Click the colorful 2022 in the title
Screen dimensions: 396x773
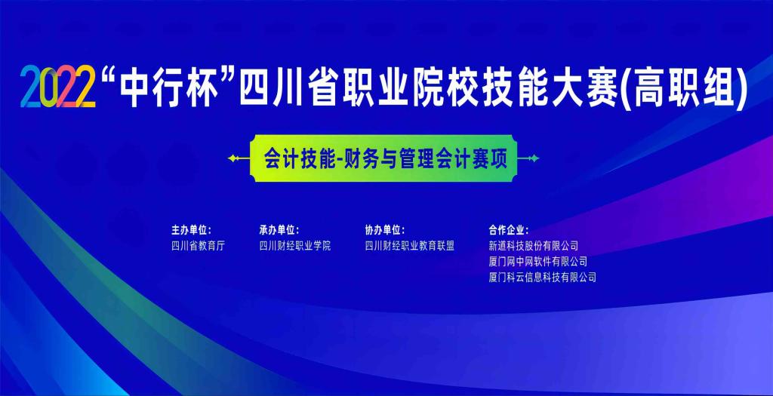(x=58, y=89)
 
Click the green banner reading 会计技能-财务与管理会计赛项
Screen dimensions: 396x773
(x=385, y=159)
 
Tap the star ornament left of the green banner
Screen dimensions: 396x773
(x=239, y=159)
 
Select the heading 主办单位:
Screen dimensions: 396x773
(x=191, y=229)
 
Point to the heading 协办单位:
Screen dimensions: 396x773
(x=385, y=229)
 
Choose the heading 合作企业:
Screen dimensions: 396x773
(x=509, y=229)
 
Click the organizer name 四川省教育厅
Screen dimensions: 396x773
(x=199, y=245)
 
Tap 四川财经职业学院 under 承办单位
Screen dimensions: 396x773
(x=295, y=245)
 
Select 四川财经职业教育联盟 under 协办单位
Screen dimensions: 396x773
(x=410, y=245)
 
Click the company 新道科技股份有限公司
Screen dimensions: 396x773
(x=534, y=245)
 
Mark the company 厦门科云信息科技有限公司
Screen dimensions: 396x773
(x=543, y=277)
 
